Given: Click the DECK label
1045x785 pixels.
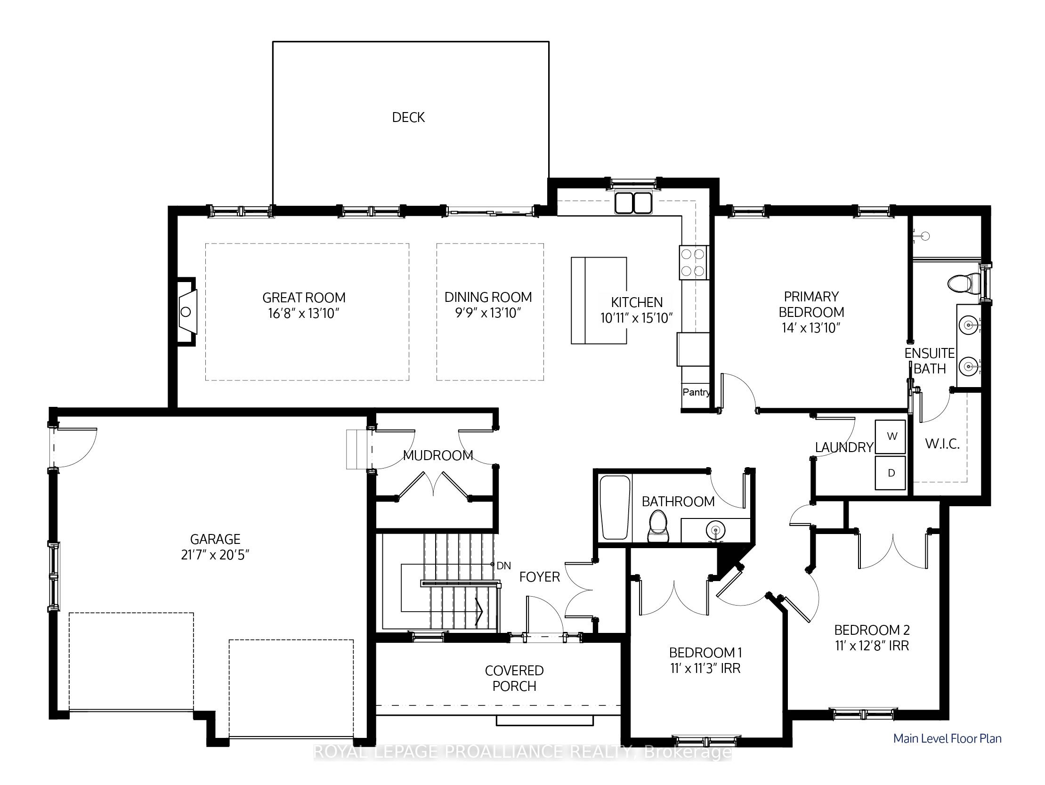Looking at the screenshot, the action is click(408, 117).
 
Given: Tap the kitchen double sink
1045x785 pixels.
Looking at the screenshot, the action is click(633, 202).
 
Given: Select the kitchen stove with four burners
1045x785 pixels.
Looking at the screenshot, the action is click(694, 263).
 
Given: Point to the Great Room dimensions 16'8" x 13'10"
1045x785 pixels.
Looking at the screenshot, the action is click(304, 313).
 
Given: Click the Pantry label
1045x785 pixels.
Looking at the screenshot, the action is click(696, 392).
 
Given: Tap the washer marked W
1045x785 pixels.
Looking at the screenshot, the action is click(891, 437).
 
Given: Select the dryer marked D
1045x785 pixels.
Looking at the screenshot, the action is click(891, 473).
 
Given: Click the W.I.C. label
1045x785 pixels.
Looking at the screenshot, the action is click(942, 444).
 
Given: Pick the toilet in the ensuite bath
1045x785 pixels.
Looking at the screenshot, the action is click(964, 284).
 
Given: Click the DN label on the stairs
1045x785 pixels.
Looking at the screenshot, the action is click(503, 566).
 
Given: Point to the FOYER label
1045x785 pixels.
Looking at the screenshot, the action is click(540, 577).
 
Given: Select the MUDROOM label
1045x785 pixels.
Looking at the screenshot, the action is click(438, 455).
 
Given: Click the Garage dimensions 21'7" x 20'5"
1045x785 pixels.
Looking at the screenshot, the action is click(215, 555).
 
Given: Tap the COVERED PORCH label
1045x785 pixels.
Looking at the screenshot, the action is click(514, 678).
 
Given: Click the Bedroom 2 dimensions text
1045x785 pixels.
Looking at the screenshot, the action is click(872, 645).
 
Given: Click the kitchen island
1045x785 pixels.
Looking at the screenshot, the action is click(599, 300).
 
